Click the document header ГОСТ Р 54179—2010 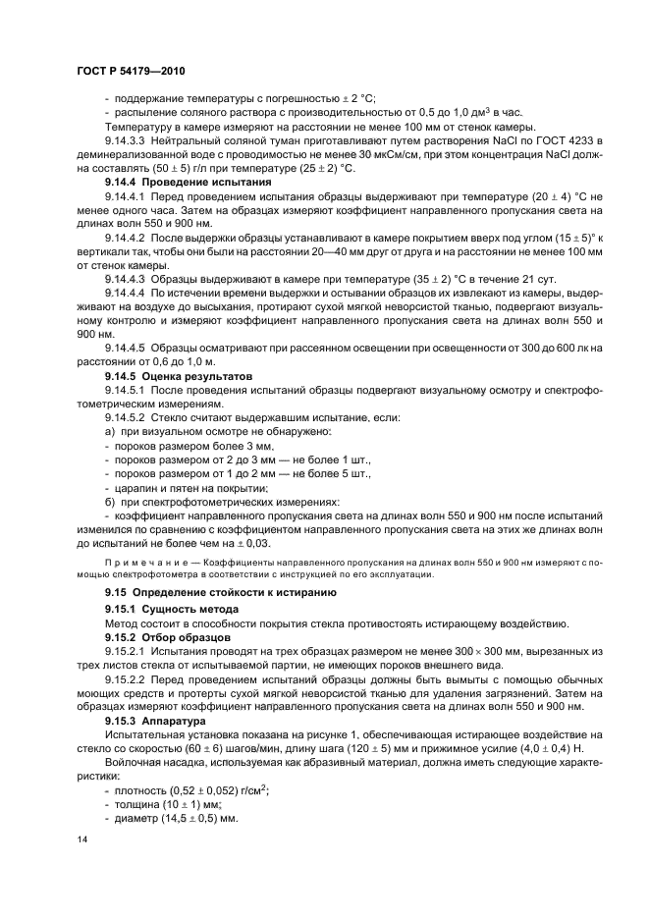[130, 71]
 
